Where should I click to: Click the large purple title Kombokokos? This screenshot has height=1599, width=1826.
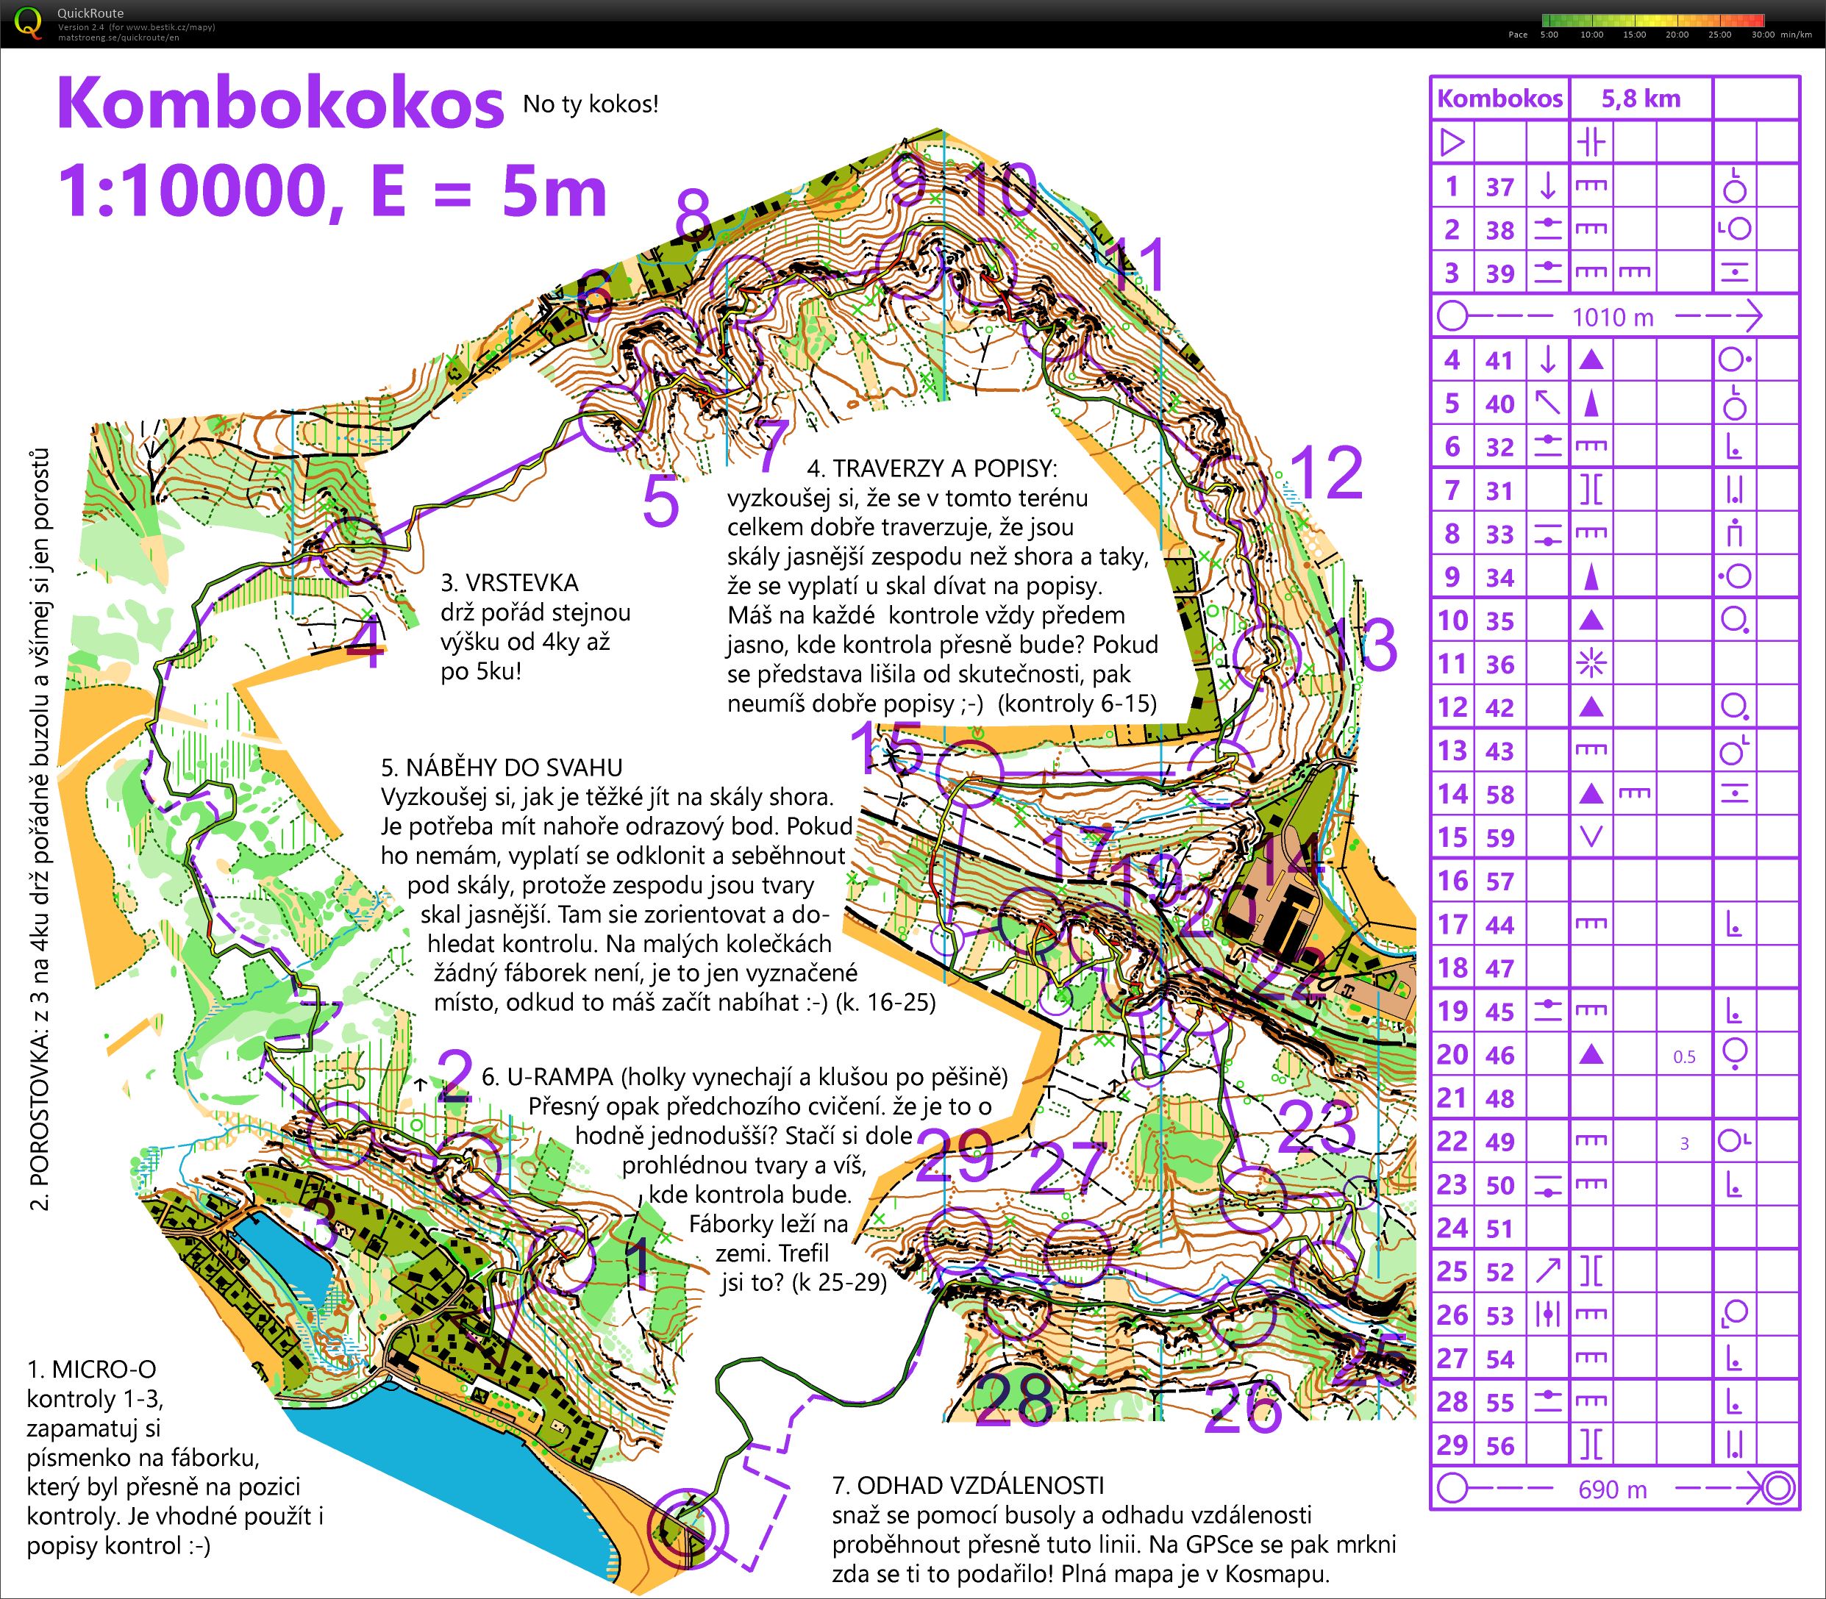(x=280, y=105)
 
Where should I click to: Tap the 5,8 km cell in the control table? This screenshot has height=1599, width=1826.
(x=1641, y=99)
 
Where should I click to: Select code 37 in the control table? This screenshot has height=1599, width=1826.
(x=1499, y=187)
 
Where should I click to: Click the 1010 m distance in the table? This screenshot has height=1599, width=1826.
(x=1612, y=317)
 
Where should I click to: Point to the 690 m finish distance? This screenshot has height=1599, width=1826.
(x=1612, y=1489)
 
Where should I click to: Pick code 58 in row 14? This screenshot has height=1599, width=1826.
(x=1499, y=794)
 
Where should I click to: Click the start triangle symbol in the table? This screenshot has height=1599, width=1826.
(x=1452, y=142)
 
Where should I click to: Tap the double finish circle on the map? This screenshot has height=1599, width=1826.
(x=686, y=1527)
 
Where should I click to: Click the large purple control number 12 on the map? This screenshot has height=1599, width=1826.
(x=1326, y=473)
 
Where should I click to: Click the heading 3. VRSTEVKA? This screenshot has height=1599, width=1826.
(x=510, y=583)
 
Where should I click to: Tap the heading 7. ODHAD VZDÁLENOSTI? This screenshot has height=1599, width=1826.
(x=968, y=1486)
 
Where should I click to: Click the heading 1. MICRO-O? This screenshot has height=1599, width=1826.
(x=91, y=1370)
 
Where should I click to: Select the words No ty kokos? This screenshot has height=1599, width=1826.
(x=591, y=104)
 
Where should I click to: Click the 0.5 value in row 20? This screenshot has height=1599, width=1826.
(x=1684, y=1056)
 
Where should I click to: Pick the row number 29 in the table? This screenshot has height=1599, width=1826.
(x=1452, y=1445)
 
